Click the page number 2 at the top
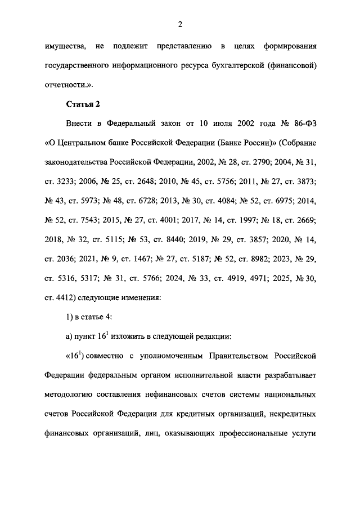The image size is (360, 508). pos(179,24)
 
